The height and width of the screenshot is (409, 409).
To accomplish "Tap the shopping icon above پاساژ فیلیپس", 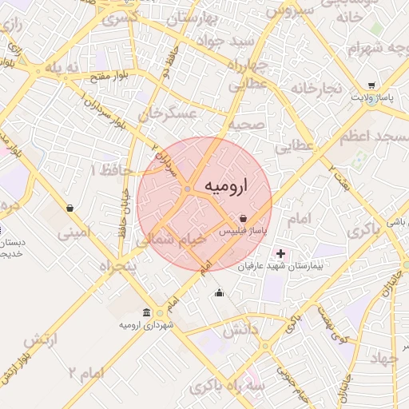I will coord(242,217).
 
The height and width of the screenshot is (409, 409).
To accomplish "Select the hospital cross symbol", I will coord(280,253).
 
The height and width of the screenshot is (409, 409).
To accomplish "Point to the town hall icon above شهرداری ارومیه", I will coord(145,312).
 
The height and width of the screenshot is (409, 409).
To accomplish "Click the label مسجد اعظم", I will coord(373,137).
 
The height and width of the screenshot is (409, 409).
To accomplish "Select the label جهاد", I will coord(383,358).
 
